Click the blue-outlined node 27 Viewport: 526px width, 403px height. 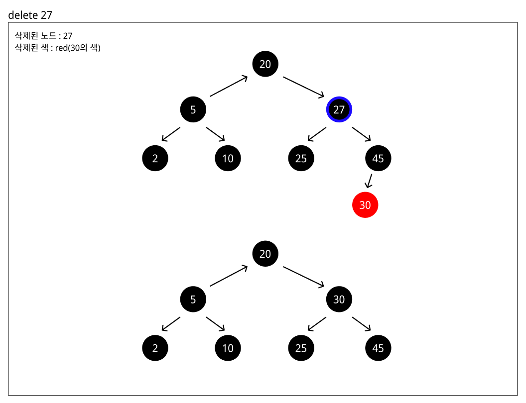(339, 109)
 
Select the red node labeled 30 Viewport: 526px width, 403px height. (365, 205)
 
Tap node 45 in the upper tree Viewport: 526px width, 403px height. (378, 158)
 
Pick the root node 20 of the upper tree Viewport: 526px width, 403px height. (265, 64)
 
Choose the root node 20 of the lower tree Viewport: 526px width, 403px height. (265, 254)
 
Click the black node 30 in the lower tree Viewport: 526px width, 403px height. (339, 300)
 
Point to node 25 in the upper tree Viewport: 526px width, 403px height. (301, 158)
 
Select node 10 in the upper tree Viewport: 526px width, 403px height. (228, 158)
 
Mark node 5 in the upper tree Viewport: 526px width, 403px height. (193, 109)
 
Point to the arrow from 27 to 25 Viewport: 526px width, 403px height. (317, 134)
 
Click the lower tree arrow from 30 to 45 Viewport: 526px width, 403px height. (362, 324)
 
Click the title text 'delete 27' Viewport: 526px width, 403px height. (30, 15)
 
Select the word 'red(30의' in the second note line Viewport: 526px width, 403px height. (71, 48)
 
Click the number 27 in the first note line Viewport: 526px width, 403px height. (68, 36)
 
